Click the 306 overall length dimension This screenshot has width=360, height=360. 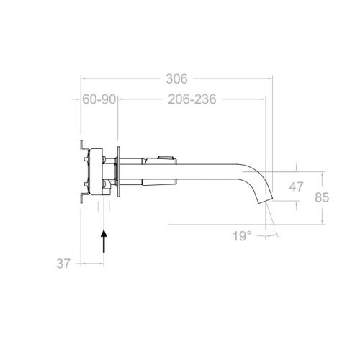click(176, 78)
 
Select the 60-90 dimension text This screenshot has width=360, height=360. click(99, 99)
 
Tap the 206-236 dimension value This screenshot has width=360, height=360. click(192, 99)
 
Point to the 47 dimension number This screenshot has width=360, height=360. click(296, 186)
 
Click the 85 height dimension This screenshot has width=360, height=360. click(322, 197)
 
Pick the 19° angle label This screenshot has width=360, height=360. click(242, 236)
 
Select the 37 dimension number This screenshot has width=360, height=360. click(63, 264)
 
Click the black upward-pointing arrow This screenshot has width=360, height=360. click(104, 241)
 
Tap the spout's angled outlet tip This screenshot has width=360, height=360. click(265, 201)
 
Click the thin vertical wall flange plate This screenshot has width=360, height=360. click(119, 172)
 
